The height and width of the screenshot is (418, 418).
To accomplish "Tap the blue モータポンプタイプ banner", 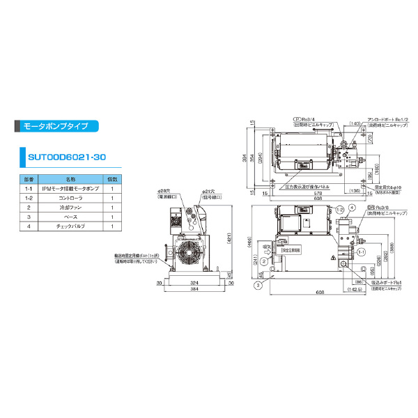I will (x=56, y=127).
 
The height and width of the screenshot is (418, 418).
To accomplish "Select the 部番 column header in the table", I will (x=29, y=179).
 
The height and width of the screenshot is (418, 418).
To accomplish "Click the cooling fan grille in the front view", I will (x=189, y=255).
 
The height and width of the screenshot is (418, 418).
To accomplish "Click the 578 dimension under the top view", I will (x=319, y=194).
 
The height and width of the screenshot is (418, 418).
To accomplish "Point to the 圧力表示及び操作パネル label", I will (x=311, y=187).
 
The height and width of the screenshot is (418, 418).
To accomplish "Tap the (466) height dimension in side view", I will (x=249, y=244).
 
